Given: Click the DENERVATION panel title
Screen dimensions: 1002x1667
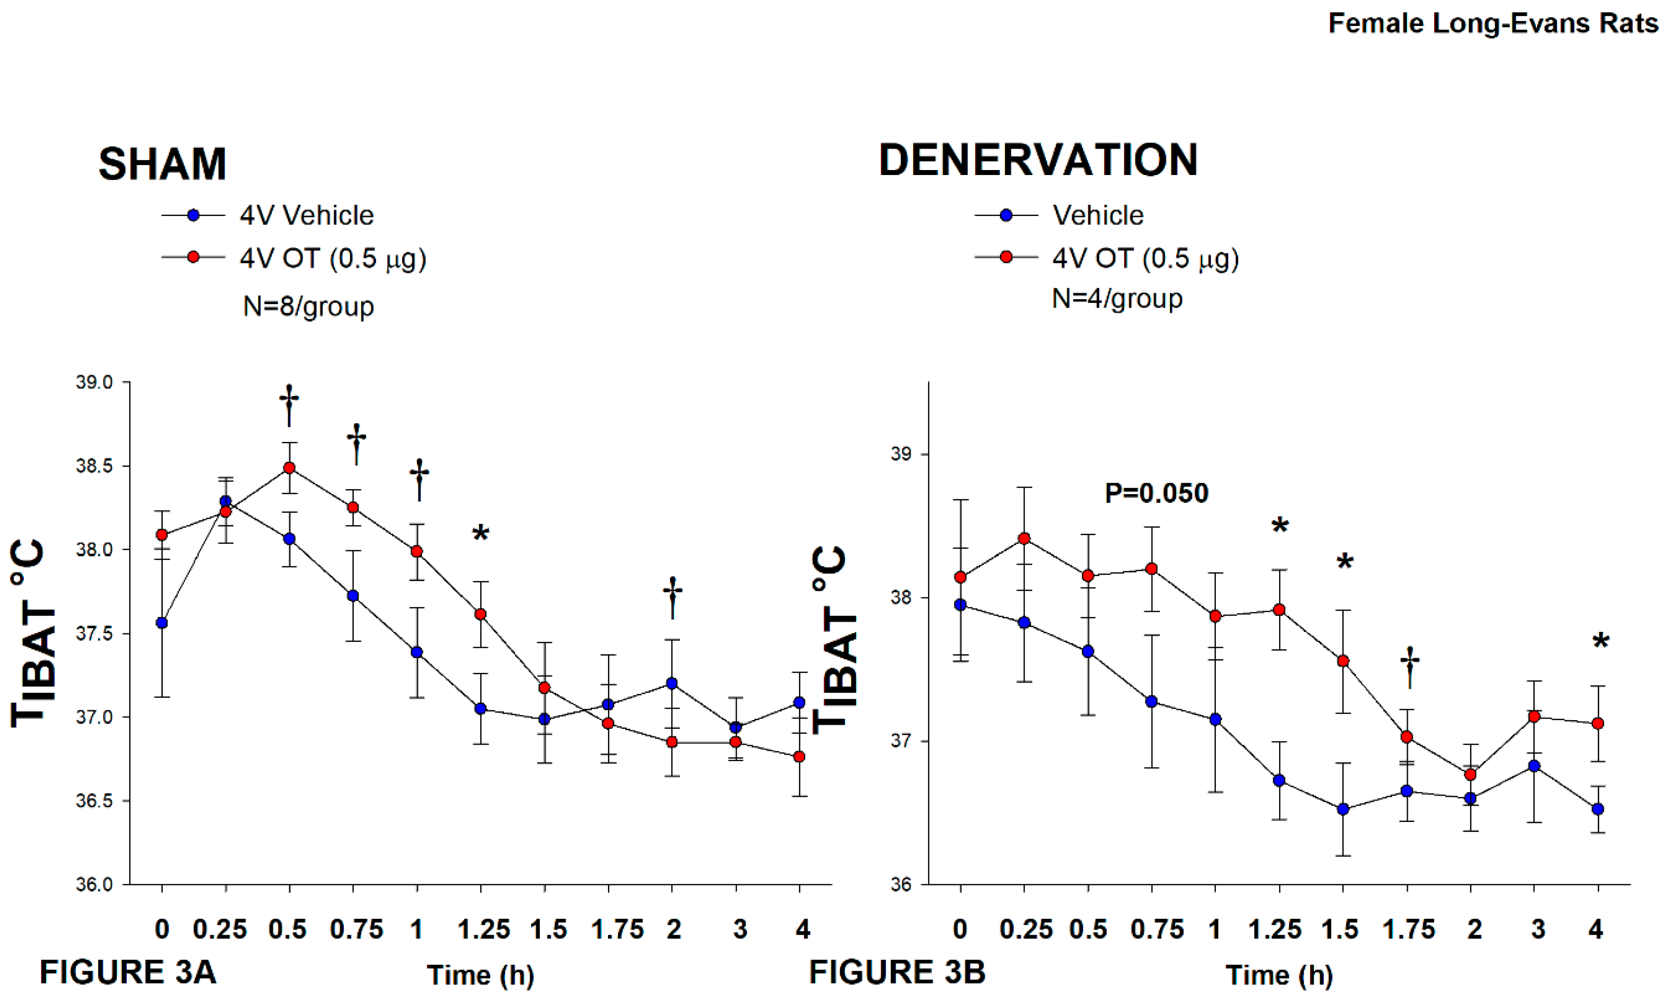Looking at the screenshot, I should pos(1037,160).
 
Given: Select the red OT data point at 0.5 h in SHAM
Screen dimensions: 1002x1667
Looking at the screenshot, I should pos(289,468).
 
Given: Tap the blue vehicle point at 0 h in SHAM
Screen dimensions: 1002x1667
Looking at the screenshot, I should pos(161,622).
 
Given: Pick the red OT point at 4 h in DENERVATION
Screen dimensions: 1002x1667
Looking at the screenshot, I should pos(1597,723).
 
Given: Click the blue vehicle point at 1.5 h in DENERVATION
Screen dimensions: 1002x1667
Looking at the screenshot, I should pos(1343,809).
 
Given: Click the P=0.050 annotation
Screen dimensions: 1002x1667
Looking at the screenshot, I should pos(1156,494).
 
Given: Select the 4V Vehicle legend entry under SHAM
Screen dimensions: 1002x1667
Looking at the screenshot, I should pos(306,215).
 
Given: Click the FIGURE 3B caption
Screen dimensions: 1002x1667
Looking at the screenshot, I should pos(897,972).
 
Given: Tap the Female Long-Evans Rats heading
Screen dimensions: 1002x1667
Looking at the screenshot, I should pos(1493,24).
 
